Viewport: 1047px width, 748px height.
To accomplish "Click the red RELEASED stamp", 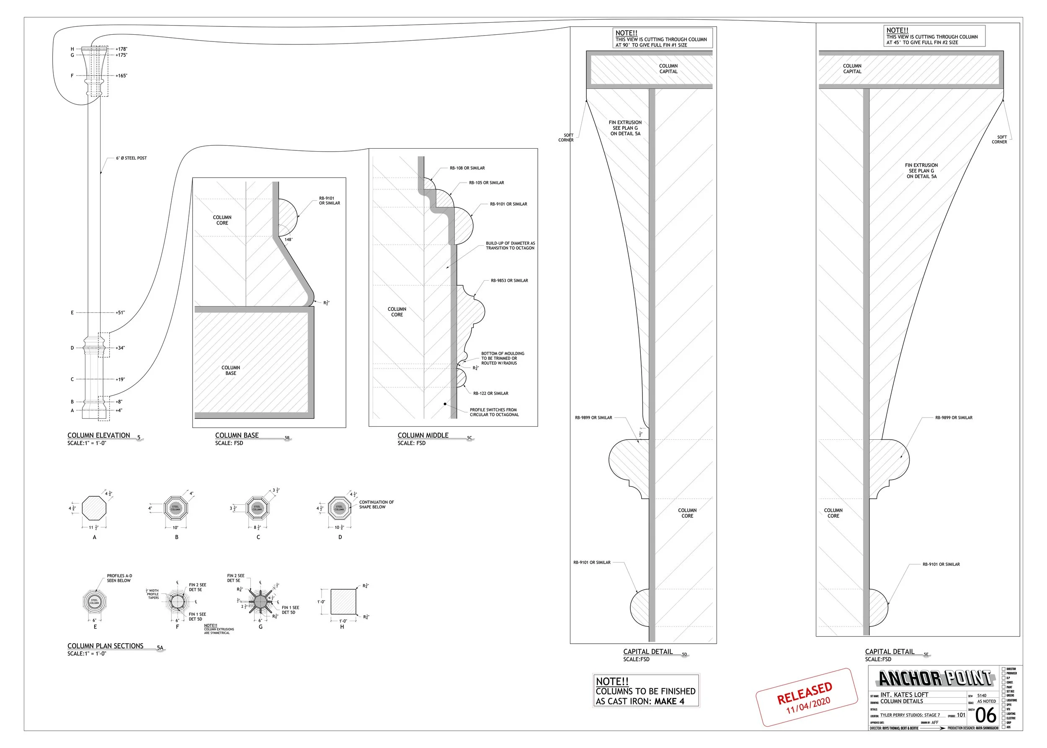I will pyautogui.click(x=806, y=697).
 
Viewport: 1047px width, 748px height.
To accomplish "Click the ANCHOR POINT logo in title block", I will pyautogui.click(x=935, y=678).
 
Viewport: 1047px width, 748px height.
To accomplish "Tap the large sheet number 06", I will pyautogui.click(x=985, y=715).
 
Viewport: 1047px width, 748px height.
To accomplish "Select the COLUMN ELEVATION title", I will pyautogui.click(x=98, y=435).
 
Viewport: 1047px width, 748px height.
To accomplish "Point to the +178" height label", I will pyautogui.click(x=121, y=49).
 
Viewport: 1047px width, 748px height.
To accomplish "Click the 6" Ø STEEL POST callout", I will pyautogui.click(x=131, y=158).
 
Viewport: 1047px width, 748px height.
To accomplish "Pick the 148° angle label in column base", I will pyautogui.click(x=289, y=240).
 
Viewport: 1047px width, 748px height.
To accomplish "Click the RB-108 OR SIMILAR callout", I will pyautogui.click(x=467, y=168).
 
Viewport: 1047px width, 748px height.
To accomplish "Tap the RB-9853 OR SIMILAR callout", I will pyautogui.click(x=509, y=281).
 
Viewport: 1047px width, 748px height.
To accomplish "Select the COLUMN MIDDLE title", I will pyautogui.click(x=423, y=435).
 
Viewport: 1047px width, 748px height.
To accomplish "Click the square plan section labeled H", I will pyautogui.click(x=343, y=601).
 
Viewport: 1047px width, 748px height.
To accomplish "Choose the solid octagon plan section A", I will pyautogui.click(x=94, y=508).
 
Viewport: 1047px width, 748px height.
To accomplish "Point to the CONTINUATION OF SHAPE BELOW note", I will pyautogui.click(x=377, y=504).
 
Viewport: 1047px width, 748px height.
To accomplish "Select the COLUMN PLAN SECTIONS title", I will pyautogui.click(x=105, y=646).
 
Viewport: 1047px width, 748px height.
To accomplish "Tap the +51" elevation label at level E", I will pyautogui.click(x=120, y=313).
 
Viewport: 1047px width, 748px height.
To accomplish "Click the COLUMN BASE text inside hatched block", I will pyautogui.click(x=231, y=370).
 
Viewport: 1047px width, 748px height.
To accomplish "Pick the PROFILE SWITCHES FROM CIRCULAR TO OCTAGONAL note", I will pyautogui.click(x=494, y=412).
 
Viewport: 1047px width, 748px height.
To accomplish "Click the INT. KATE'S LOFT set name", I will pyautogui.click(x=904, y=694).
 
